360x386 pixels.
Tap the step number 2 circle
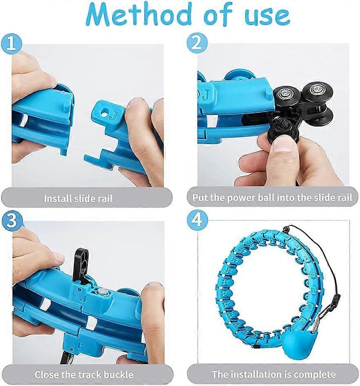click(x=198, y=43)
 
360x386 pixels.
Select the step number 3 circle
click(x=12, y=221)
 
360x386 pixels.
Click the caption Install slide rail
click(x=78, y=199)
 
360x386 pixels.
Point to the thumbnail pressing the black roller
click(x=285, y=142)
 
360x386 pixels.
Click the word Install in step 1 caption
click(x=57, y=199)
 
